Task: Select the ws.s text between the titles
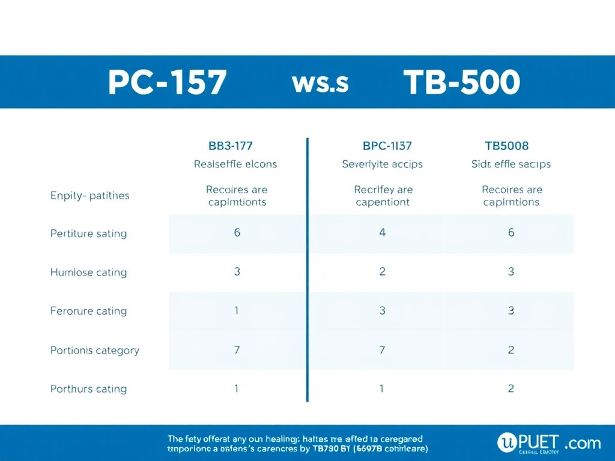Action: (320, 83)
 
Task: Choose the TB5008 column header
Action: (506, 145)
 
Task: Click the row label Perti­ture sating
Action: (88, 234)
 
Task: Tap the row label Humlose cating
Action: (88, 272)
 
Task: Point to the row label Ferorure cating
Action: (88, 311)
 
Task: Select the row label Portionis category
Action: (94, 350)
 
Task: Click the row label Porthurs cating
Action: (88, 388)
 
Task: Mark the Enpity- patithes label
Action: (89, 195)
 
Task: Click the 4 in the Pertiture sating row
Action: (383, 232)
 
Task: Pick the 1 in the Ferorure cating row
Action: (237, 310)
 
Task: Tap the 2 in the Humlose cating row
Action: (383, 271)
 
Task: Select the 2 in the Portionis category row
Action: (511, 349)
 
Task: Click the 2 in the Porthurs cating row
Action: (511, 388)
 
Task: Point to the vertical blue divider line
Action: (307, 270)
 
